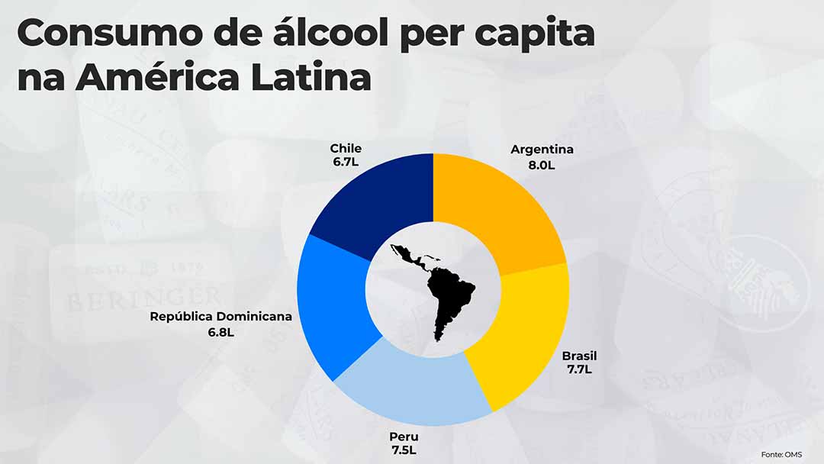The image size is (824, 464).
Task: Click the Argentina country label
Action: [x=542, y=149]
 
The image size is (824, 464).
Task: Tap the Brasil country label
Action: [x=579, y=356]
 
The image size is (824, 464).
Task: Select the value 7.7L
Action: [x=579, y=369]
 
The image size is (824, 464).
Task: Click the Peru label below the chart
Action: [x=404, y=437]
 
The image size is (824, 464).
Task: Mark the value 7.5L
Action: [x=404, y=450]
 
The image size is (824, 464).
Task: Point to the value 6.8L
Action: [x=220, y=333]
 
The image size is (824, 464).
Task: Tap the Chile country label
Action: [x=346, y=148]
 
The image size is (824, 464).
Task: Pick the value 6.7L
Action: [x=346, y=163]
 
